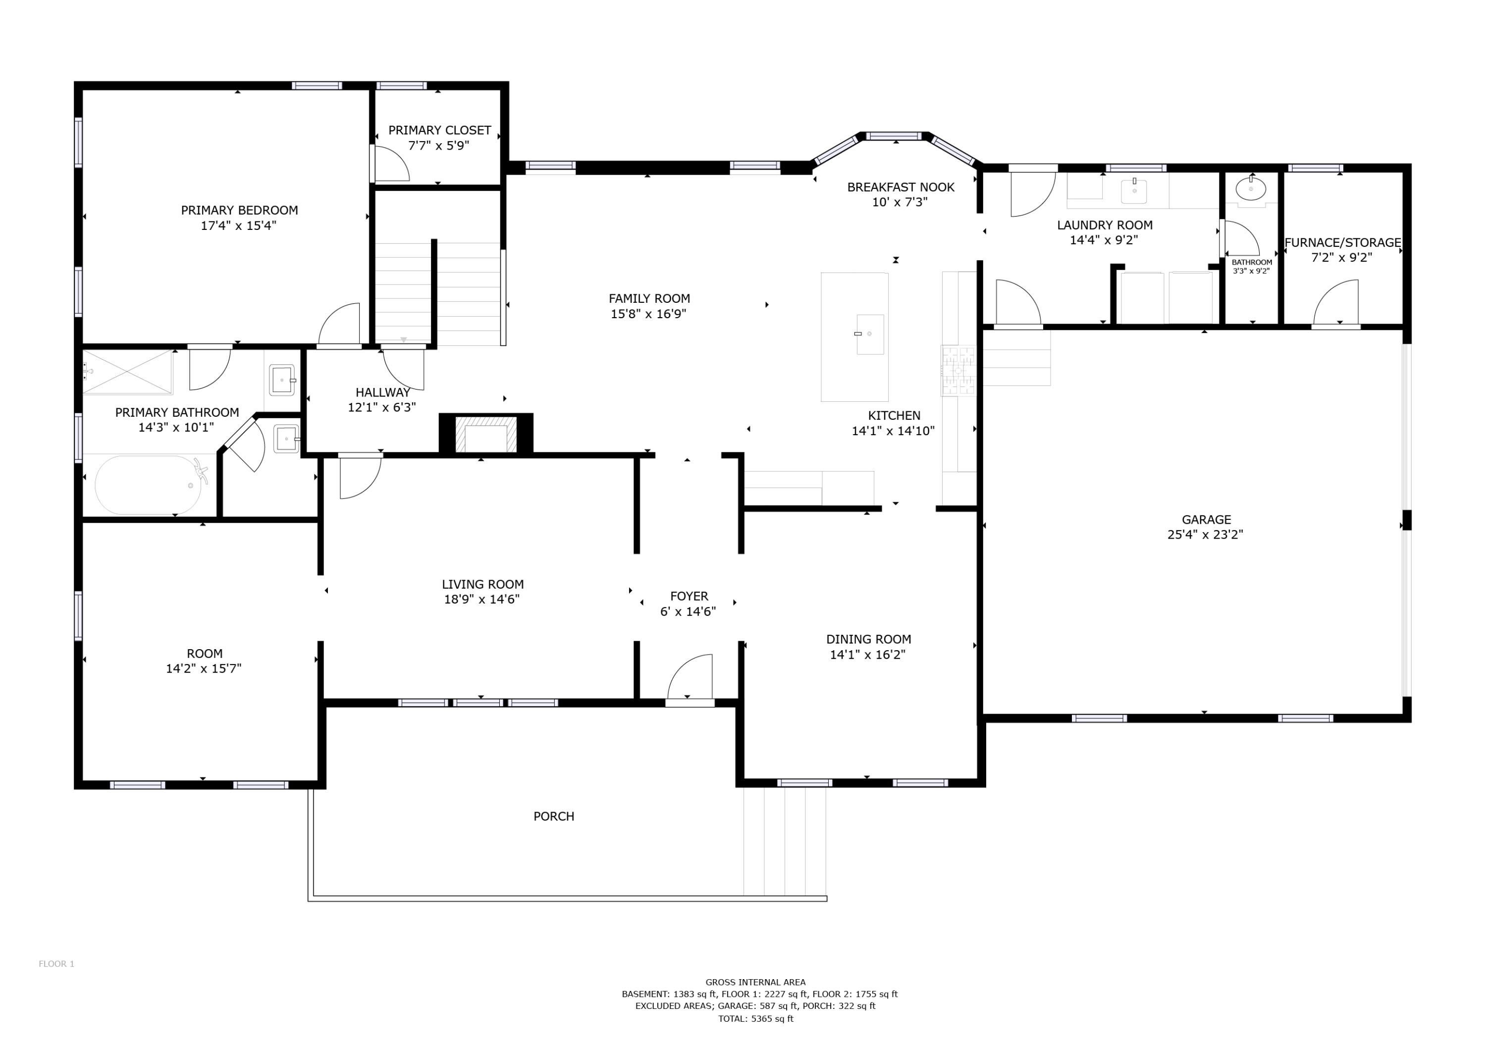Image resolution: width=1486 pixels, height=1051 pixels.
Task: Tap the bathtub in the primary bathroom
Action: [x=148, y=485]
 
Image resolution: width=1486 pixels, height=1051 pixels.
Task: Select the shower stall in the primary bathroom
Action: [x=127, y=372]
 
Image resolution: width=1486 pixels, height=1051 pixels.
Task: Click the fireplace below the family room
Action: [x=486, y=435]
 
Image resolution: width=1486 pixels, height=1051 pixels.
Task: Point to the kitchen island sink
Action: [x=869, y=334]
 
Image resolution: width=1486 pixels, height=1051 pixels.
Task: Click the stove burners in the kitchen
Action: [x=958, y=371]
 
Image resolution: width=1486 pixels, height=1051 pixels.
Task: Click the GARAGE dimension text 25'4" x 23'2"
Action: [x=1205, y=535]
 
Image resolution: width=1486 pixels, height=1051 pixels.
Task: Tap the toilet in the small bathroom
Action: [x=1250, y=189]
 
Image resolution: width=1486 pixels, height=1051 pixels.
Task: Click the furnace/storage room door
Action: [x=1336, y=302]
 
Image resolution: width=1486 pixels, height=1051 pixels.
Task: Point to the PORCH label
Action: [x=553, y=817]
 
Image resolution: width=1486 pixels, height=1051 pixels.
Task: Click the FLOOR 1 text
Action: [x=56, y=964]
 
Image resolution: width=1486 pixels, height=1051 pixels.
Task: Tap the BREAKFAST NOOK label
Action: [x=901, y=187]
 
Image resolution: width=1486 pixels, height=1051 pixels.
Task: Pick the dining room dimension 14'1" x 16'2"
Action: [x=867, y=655]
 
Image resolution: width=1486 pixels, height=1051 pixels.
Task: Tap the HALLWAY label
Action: [x=382, y=392]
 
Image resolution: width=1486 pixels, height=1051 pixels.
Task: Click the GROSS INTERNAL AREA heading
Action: [x=755, y=982]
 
